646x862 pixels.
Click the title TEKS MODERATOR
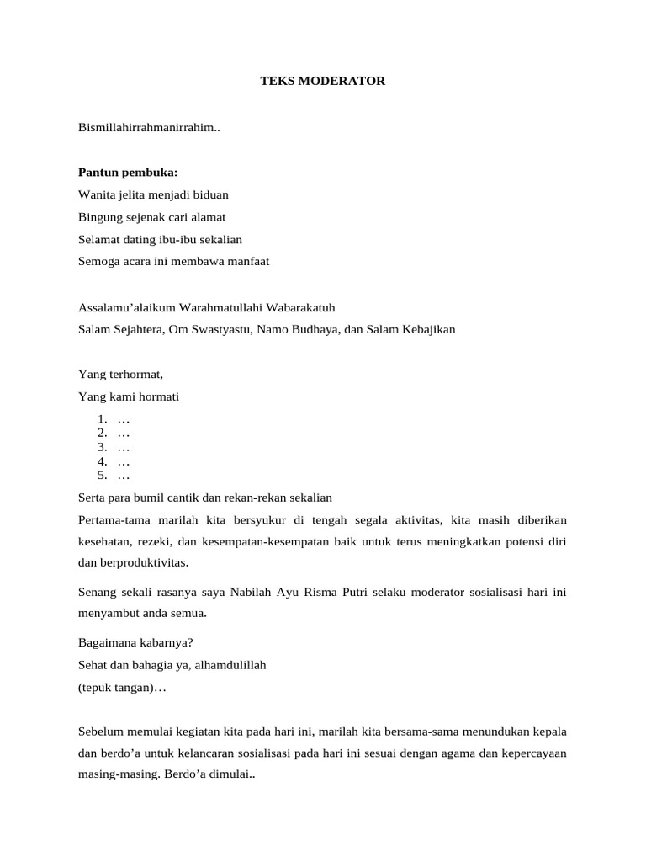[322, 81]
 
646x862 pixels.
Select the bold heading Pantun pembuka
[128, 173]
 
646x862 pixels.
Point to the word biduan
[210, 194]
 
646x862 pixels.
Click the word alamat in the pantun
[207, 217]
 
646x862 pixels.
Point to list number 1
[102, 419]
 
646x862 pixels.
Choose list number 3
[102, 447]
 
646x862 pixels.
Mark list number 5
[102, 475]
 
